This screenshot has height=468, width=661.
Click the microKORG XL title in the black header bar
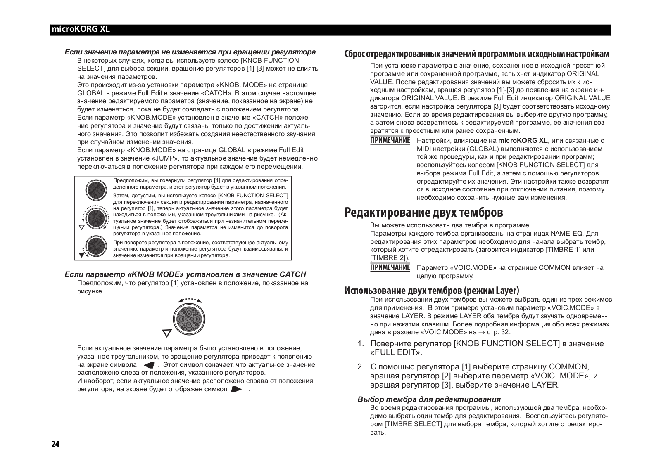[80, 30]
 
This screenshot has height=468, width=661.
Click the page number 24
[55, 444]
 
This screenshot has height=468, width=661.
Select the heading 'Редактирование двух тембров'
[424, 213]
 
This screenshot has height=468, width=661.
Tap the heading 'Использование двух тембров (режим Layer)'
[432, 291]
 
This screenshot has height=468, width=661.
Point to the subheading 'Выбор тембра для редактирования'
[429, 399]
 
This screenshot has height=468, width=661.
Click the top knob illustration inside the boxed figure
[96, 190]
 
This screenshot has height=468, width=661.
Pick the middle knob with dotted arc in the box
[96, 217]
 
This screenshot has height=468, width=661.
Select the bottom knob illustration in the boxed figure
[96, 246]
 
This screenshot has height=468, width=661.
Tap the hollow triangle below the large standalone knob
[167, 333]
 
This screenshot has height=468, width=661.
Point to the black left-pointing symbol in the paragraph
[149, 365]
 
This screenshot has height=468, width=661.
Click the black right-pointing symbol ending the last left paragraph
[236, 390]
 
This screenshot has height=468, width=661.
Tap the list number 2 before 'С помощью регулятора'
[360, 367]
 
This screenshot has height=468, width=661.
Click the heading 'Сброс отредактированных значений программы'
[477, 54]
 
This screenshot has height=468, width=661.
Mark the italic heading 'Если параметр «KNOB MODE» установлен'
[185, 274]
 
